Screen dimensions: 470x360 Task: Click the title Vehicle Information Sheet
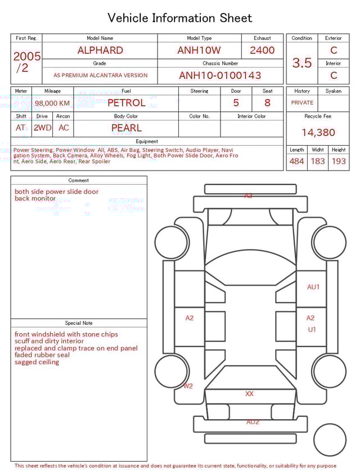point(180,18)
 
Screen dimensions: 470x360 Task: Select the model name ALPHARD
point(100,50)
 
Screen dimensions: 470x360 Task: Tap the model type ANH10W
point(199,50)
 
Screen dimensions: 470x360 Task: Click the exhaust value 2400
point(262,50)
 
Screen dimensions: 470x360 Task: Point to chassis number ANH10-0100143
point(220,75)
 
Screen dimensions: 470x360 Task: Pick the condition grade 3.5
point(302,62)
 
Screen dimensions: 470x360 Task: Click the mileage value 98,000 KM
point(52,103)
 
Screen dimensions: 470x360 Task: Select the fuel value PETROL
point(126,102)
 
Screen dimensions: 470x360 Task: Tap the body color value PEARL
point(126,128)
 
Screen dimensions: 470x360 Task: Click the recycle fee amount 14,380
point(318,132)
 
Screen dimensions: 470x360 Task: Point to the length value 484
point(296,162)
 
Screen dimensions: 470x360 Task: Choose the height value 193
point(339,162)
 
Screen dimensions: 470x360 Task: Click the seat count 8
point(267,102)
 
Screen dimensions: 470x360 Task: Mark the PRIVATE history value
point(302,103)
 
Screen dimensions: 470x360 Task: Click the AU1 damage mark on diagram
point(313,287)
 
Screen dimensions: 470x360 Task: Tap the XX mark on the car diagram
point(249,394)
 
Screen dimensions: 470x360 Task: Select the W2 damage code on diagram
point(188,386)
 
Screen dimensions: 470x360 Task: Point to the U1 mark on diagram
point(312,329)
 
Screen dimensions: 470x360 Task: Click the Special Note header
point(79,323)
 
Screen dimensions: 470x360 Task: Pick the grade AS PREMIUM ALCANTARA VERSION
point(100,75)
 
